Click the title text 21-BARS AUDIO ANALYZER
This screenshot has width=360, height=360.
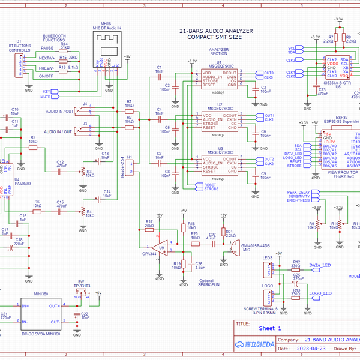tap(216, 31)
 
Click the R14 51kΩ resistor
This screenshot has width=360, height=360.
tap(64, 49)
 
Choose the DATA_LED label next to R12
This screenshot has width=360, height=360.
tap(320, 265)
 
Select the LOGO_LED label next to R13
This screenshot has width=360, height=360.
tap(320, 293)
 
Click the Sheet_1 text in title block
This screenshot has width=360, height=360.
tap(269, 328)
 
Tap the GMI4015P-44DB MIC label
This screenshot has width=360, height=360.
tap(254, 247)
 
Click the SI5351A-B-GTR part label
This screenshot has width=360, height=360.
tap(337, 82)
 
